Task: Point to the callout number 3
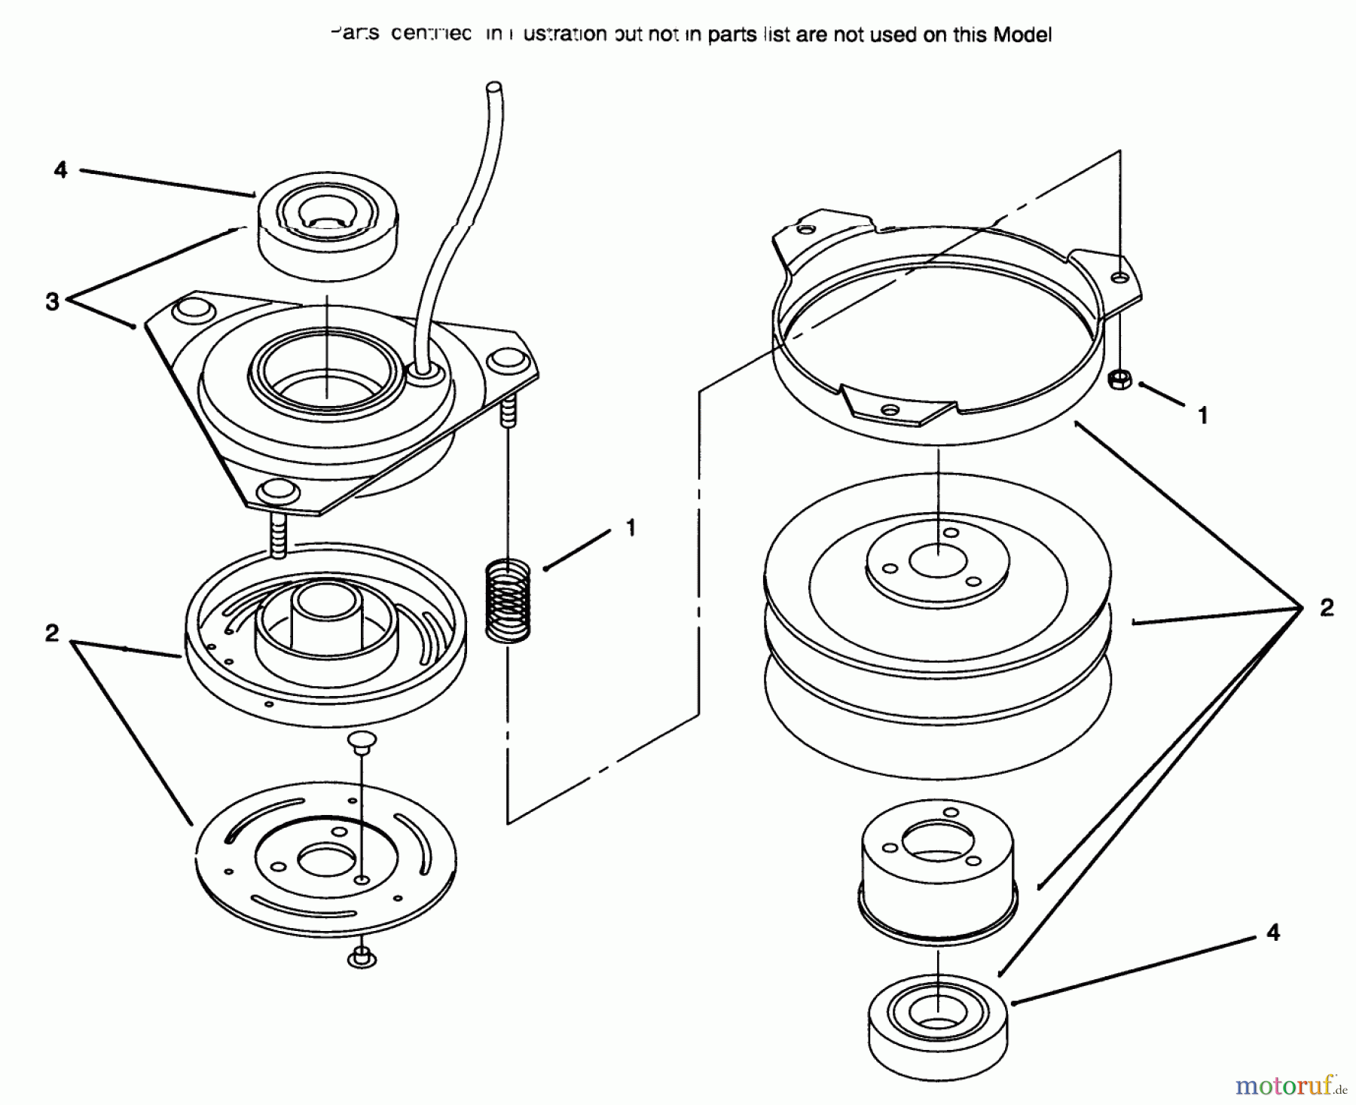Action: click(52, 303)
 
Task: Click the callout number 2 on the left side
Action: click(51, 633)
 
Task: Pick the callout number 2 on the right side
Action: click(1327, 607)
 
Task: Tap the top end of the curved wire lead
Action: click(494, 89)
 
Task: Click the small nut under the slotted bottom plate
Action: click(362, 958)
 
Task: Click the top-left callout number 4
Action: click(61, 170)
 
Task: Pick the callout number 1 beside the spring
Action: click(631, 527)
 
